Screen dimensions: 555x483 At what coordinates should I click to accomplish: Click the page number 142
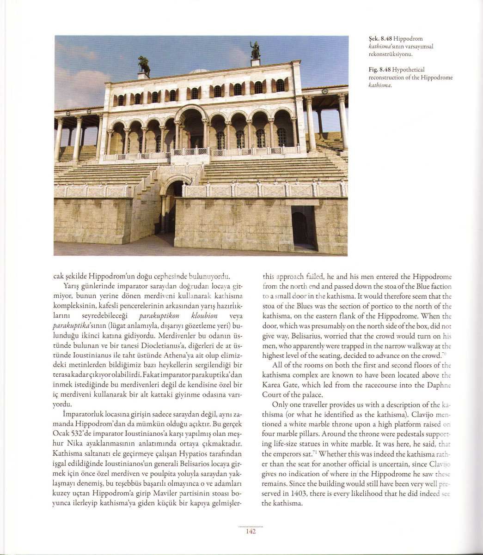tap(251, 531)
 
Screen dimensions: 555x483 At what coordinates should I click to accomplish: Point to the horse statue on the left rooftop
tap(145, 66)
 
